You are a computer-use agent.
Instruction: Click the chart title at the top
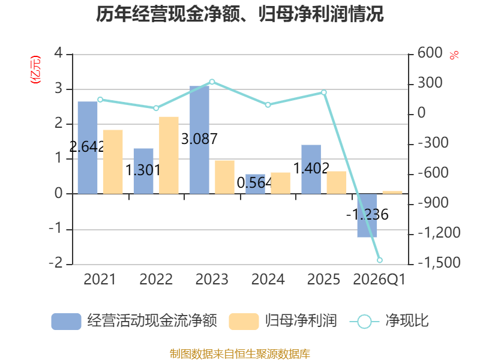[x=239, y=14]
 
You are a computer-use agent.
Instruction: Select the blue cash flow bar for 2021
[x=88, y=148]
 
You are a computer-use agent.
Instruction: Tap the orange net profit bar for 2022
[x=169, y=155]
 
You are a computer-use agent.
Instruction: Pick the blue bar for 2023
[x=199, y=140]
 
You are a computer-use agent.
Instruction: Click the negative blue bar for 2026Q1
[x=367, y=215]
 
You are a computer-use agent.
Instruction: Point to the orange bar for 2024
[x=280, y=183]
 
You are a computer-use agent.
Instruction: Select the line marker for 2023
[x=212, y=82]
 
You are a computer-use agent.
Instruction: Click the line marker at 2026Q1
[x=380, y=260]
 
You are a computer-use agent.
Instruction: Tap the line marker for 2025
[x=324, y=92]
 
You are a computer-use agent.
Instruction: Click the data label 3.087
[x=199, y=139]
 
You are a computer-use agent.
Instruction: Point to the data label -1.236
[x=367, y=214]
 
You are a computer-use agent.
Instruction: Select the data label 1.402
[x=311, y=168]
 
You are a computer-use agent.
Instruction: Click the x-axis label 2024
[x=268, y=280]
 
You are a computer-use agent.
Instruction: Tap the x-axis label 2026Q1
[x=379, y=280]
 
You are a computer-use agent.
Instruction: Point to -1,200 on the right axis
[x=439, y=233]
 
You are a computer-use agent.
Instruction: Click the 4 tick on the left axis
[x=58, y=53]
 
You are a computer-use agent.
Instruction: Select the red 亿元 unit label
[x=35, y=70]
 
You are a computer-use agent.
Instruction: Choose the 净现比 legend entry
[x=389, y=321]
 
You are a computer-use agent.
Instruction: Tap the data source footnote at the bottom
[x=240, y=354]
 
